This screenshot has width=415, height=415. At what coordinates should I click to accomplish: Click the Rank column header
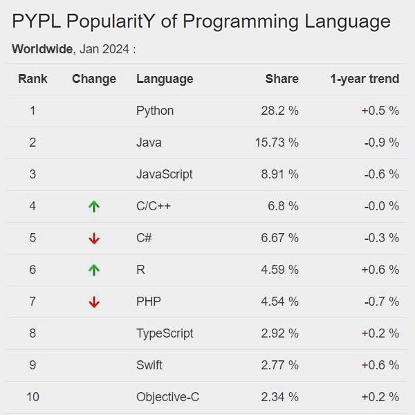[33, 79]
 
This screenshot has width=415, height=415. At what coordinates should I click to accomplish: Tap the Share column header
[282, 79]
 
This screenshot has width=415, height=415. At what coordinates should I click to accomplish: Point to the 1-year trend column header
[364, 79]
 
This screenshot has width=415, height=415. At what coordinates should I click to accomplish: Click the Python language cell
[155, 111]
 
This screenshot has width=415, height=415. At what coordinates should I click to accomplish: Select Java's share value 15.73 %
[277, 142]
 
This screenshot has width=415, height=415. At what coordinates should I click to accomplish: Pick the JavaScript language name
[165, 174]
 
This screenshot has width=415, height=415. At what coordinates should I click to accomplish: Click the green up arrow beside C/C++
[94, 206]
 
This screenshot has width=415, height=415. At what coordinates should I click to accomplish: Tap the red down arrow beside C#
[94, 238]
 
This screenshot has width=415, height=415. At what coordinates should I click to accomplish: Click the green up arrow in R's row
[94, 270]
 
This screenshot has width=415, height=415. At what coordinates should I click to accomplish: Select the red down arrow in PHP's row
[94, 302]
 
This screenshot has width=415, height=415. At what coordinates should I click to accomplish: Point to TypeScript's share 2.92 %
[279, 333]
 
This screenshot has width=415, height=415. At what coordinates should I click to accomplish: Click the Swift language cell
[149, 365]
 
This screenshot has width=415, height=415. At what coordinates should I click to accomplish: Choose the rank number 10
[33, 397]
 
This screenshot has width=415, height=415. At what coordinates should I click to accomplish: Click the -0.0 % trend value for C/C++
[380, 206]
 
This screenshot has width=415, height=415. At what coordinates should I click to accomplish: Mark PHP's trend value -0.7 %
[380, 302]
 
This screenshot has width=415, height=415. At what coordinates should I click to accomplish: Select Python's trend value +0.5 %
[380, 111]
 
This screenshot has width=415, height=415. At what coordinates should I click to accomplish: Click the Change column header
[94, 79]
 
